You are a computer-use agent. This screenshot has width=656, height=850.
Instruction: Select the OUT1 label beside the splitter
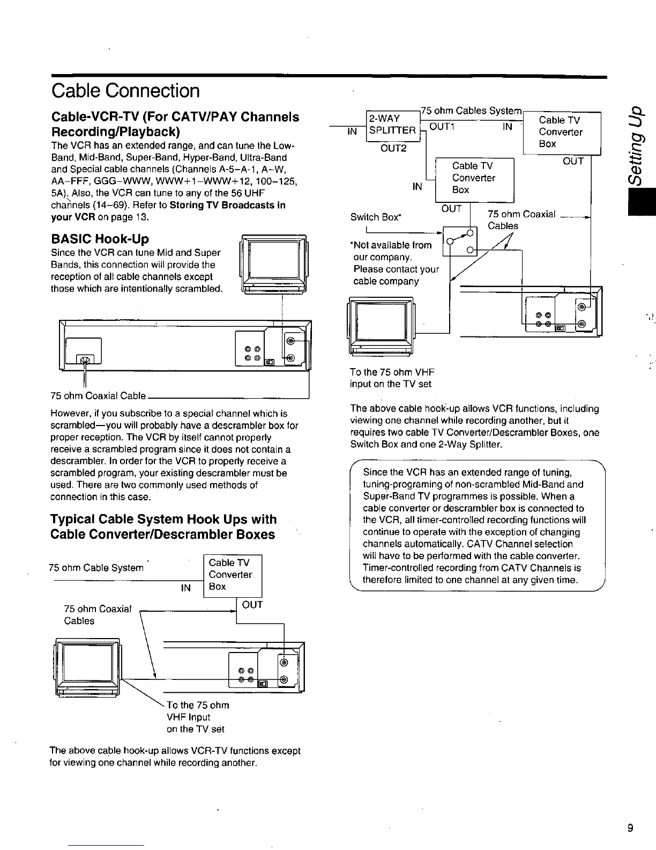click(x=442, y=127)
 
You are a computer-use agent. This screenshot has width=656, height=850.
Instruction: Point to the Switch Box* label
click(x=376, y=217)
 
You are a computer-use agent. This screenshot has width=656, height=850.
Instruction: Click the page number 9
click(x=630, y=828)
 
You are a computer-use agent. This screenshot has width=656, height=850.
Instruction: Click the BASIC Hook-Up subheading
click(x=99, y=239)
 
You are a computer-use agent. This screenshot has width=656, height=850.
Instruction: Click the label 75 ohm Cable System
click(x=96, y=568)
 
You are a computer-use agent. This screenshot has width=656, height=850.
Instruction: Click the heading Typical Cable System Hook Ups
click(x=163, y=519)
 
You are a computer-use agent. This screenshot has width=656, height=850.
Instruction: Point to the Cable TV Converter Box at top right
click(x=561, y=133)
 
